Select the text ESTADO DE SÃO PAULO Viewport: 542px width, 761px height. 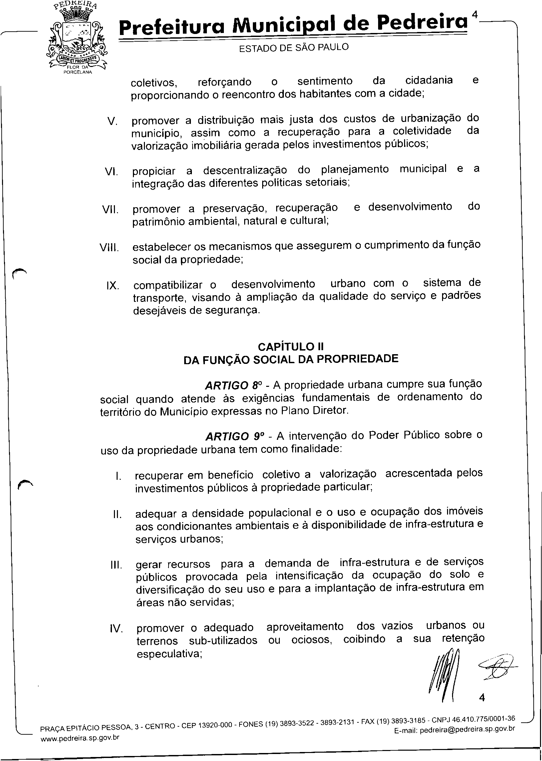(294, 48)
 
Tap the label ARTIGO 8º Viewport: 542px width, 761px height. (232, 386)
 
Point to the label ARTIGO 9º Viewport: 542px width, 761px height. (233, 436)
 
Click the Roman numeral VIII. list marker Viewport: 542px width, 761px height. (109, 248)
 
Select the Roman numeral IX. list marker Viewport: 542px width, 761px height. (112, 286)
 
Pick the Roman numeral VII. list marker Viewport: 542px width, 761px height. (110, 210)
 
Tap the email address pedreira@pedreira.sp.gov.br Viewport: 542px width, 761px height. (467, 730)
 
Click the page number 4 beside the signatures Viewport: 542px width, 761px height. (482, 698)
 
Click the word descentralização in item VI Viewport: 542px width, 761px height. (245, 171)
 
